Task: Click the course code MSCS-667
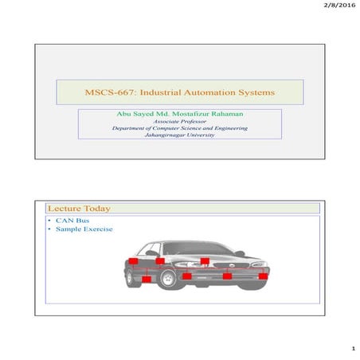(x=108, y=93)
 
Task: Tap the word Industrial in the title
(x=162, y=93)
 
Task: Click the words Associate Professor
(x=179, y=122)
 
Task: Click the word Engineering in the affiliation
(x=225, y=128)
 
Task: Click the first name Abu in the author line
(x=124, y=115)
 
